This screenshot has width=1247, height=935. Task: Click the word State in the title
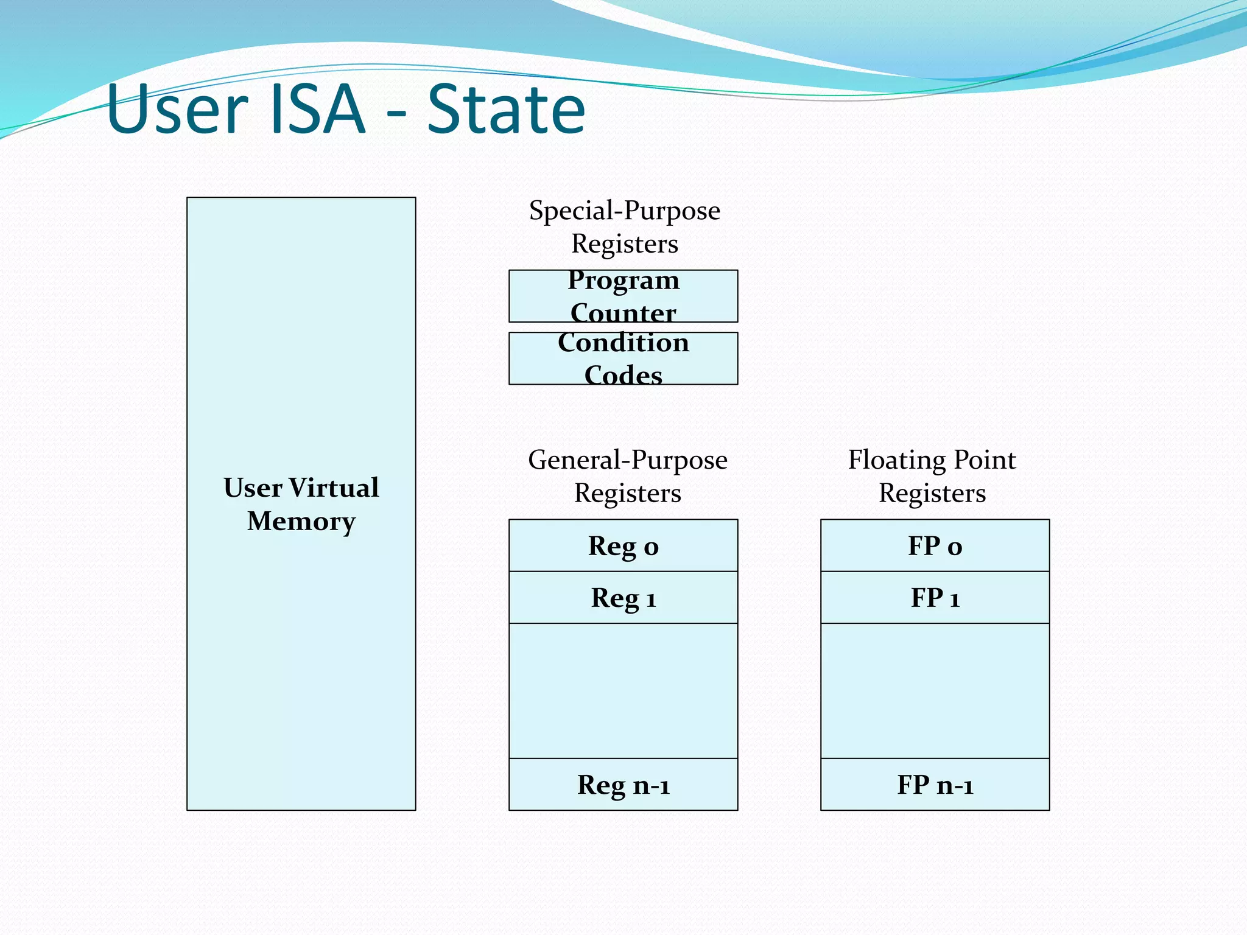click(506, 110)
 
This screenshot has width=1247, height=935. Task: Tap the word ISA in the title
click(316, 110)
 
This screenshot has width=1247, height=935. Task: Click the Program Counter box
click(623, 296)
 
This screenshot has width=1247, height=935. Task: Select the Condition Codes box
click(623, 359)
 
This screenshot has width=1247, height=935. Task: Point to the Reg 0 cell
click(623, 545)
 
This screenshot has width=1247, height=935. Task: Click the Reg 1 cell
click(623, 598)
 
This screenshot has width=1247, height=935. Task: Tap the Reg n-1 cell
click(623, 785)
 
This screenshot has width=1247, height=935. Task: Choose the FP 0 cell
click(935, 545)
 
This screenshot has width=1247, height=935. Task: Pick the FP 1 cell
click(935, 598)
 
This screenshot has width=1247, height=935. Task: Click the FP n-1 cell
click(935, 785)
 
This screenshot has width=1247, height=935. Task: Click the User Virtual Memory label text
click(301, 504)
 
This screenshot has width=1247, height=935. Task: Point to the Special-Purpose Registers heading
click(624, 227)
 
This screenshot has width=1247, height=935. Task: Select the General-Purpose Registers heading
click(627, 476)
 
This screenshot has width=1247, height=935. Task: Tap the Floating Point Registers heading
click(932, 476)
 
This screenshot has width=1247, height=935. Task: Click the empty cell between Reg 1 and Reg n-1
click(623, 691)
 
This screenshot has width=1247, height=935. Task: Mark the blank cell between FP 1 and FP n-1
click(935, 691)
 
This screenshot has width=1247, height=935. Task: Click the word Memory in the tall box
click(301, 522)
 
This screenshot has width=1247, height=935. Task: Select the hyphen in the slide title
click(396, 113)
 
